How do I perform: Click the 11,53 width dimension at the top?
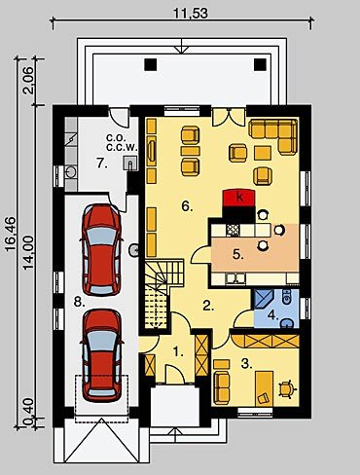pyautogui.click(x=191, y=13)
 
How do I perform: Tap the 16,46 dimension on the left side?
pyautogui.click(x=11, y=234)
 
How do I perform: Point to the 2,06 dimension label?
pyautogui.click(x=28, y=80)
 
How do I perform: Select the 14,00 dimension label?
pyautogui.click(x=28, y=252)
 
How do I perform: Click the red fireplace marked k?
pyautogui.click(x=239, y=198)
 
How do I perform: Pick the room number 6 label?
pyautogui.click(x=187, y=206)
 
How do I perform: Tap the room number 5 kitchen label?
pyautogui.click(x=238, y=255)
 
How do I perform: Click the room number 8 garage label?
pyautogui.click(x=79, y=302)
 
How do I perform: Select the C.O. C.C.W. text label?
pyautogui.click(x=122, y=142)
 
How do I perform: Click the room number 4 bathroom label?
pyautogui.click(x=273, y=314)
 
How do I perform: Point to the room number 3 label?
pyautogui.click(x=246, y=364)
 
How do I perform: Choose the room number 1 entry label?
pyautogui.click(x=178, y=351)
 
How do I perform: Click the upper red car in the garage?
pyautogui.click(x=101, y=249)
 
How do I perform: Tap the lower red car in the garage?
pyautogui.click(x=101, y=355)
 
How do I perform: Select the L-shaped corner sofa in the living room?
pyautogui.click(x=279, y=131)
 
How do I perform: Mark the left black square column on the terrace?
pyautogui.click(x=150, y=64)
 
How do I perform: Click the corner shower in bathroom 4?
pyautogui.click(x=264, y=299)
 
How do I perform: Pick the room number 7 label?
pyautogui.click(x=102, y=164)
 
